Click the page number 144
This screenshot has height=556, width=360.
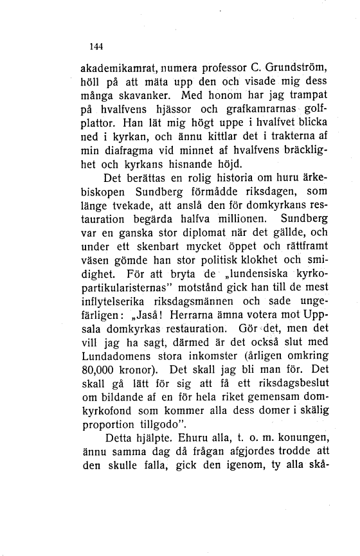pos(96,46)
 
